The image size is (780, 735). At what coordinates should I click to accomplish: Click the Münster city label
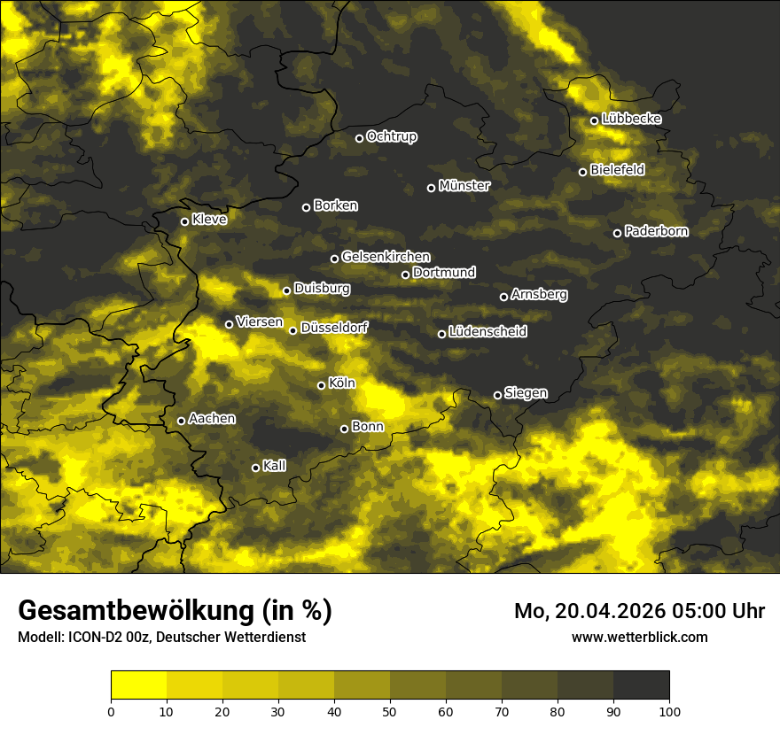[464, 186]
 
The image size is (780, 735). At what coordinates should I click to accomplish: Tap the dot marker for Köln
[321, 385]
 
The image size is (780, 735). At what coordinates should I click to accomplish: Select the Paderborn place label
[656, 231]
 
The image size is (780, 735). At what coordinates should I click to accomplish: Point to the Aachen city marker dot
[181, 421]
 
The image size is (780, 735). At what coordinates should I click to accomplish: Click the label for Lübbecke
[631, 119]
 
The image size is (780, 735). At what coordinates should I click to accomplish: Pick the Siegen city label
[526, 393]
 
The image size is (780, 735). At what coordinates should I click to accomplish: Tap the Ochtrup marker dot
[359, 138]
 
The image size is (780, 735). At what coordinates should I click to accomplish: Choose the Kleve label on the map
[209, 220]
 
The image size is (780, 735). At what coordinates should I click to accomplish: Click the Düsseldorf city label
[334, 328]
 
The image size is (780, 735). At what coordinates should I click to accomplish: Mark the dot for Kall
[255, 468]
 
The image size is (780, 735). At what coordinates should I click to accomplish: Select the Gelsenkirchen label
[386, 257]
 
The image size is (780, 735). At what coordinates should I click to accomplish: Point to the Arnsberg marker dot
[503, 297]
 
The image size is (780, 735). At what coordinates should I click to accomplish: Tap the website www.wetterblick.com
[640, 637]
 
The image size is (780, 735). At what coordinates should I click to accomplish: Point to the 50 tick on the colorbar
[390, 711]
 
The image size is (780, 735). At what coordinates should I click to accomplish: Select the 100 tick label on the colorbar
[669, 711]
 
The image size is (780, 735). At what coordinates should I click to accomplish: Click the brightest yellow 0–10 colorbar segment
[138, 685]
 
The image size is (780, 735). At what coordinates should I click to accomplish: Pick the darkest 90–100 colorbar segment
[641, 685]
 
